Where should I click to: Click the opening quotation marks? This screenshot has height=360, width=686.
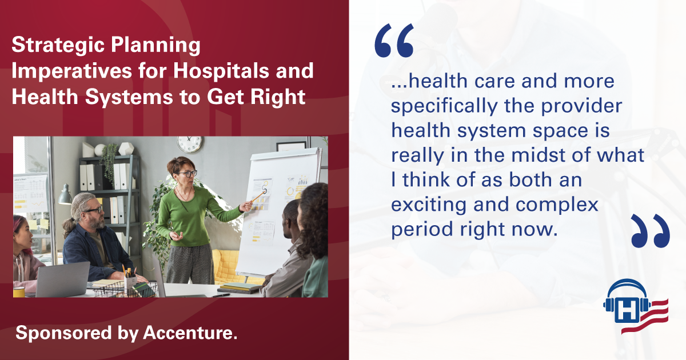(394, 41)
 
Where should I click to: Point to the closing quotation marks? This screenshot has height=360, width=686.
(651, 231)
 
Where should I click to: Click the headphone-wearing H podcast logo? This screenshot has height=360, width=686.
(636, 306)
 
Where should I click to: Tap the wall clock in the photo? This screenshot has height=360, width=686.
(190, 144)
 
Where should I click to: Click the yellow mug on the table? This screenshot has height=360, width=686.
(19, 292)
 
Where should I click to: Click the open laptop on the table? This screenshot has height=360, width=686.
(62, 279)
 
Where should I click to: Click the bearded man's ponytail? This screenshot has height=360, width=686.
(68, 227)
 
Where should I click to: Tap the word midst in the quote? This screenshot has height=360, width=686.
(539, 155)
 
